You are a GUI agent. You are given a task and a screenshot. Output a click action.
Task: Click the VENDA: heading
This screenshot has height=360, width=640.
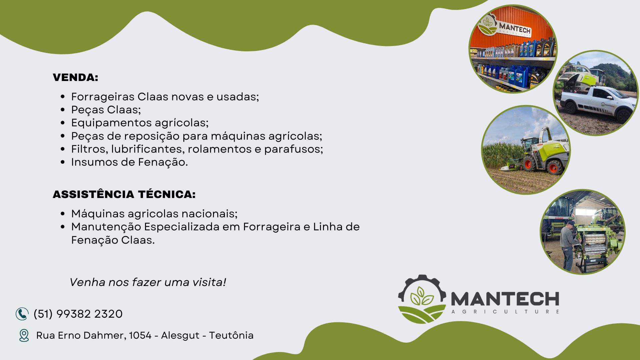tap(75, 77)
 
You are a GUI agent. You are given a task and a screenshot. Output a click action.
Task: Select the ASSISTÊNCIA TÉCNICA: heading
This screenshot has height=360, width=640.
tap(124, 194)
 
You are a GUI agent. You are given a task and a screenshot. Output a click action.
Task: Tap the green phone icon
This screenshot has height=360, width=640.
tap(22, 314)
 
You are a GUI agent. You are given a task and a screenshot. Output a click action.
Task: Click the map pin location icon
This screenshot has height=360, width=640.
tap(24, 335)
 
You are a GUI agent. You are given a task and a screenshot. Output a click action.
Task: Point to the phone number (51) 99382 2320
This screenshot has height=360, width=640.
tap(78, 314)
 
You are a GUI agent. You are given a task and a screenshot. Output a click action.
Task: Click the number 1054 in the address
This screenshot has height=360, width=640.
tap(140, 335)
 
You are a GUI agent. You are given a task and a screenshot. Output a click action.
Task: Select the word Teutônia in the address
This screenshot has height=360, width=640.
tap(231, 335)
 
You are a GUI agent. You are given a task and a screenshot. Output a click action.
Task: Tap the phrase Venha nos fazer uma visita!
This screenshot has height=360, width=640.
tap(148, 282)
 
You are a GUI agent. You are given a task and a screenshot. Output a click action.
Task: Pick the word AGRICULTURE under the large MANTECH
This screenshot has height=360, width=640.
tap(505, 312)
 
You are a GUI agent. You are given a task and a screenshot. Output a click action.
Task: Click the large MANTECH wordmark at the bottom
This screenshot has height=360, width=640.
tap(505, 299)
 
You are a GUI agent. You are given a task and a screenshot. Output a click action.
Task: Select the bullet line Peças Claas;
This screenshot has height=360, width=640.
tap(106, 110)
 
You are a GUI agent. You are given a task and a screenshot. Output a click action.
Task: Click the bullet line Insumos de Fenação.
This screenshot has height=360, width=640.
tap(129, 162)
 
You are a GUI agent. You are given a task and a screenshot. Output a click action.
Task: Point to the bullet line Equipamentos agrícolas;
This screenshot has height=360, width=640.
tap(140, 123)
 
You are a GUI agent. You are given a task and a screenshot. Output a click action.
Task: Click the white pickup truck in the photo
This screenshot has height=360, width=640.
tap(597, 103)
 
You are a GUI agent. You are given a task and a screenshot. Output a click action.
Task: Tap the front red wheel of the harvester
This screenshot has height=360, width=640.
tap(553, 167)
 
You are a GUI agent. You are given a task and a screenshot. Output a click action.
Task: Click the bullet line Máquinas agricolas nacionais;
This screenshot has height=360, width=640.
tap(154, 214)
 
